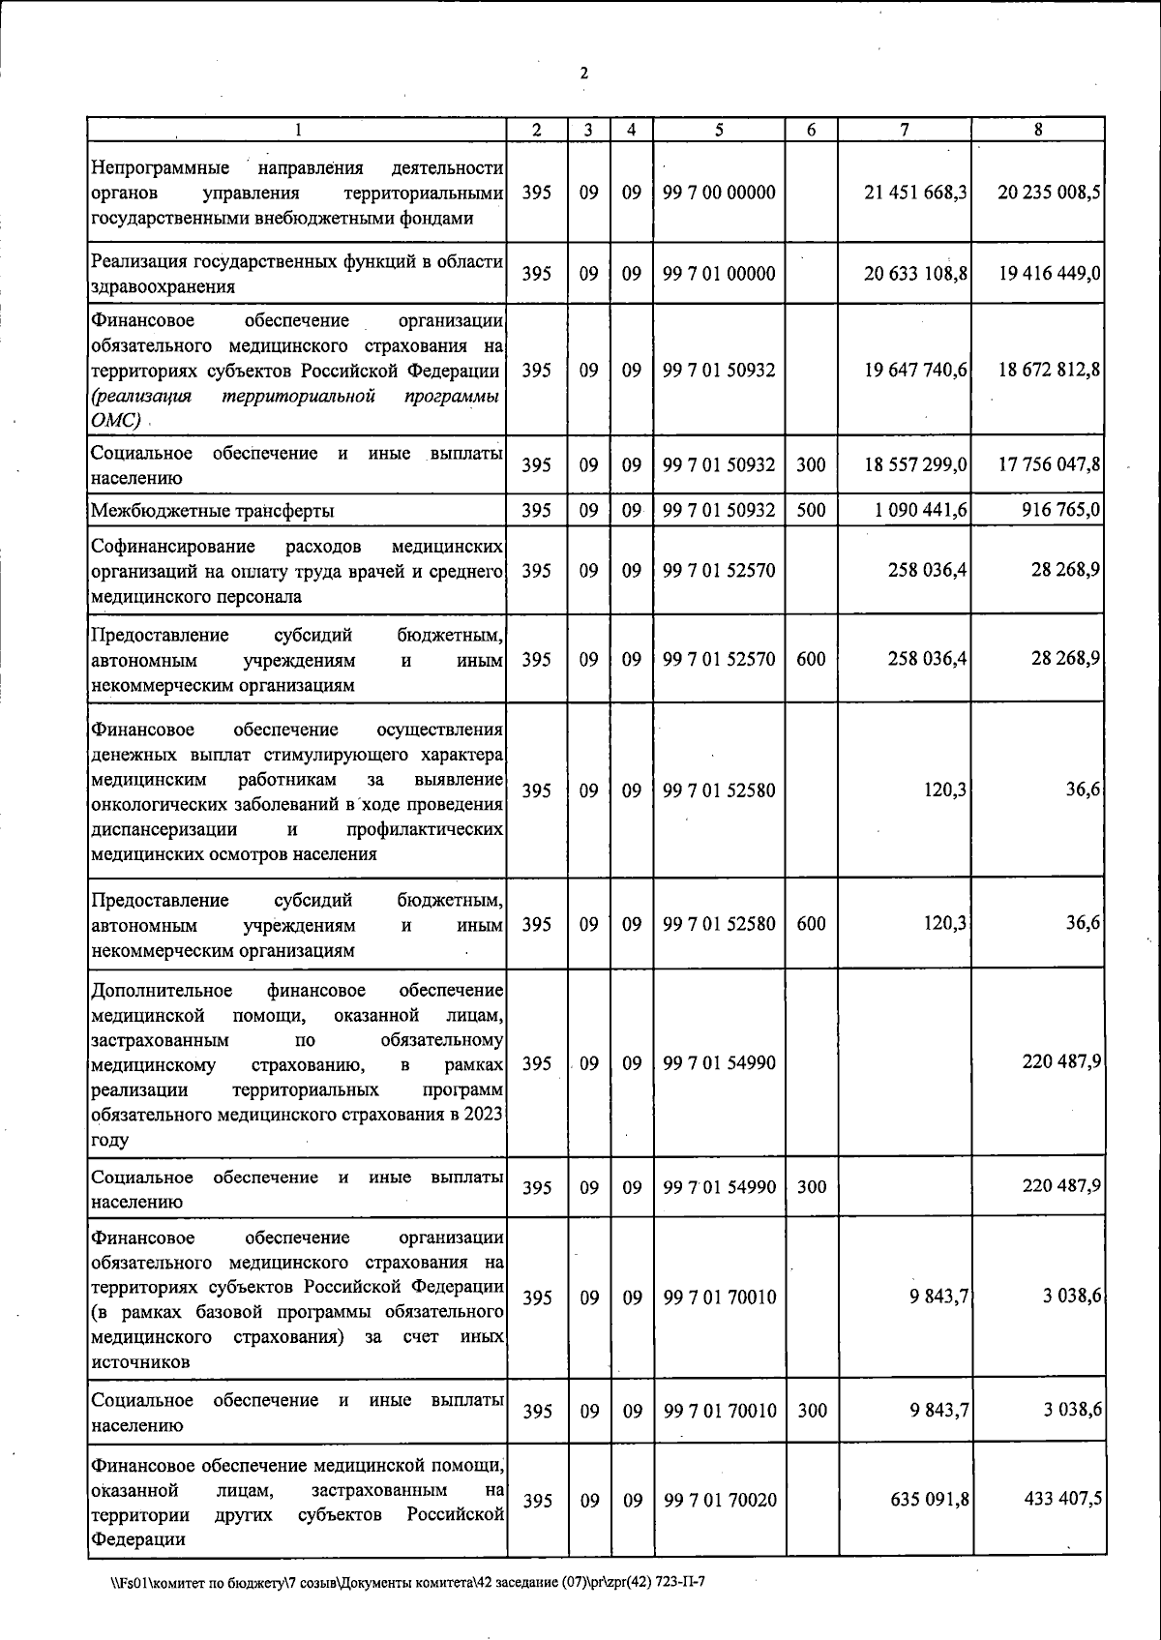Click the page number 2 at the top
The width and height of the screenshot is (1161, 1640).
coord(583,74)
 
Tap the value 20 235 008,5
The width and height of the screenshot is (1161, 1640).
coord(1049,193)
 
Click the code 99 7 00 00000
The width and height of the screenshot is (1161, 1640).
coord(719,193)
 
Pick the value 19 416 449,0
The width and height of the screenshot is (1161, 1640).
coord(1049,274)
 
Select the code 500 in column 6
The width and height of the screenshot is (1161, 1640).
coord(811,510)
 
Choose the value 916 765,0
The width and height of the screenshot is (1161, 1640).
coord(1061,510)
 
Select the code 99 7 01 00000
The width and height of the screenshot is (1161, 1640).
coord(719,274)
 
